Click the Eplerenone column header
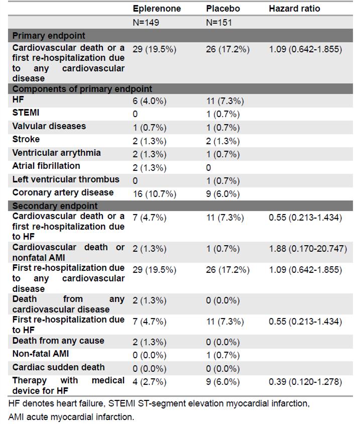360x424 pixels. [157, 9]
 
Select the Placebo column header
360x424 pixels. [223, 9]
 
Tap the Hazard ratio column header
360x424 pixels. [294, 9]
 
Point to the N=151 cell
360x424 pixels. [219, 23]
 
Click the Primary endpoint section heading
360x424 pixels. [48, 36]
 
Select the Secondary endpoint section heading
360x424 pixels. [55, 206]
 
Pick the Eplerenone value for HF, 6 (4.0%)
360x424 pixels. [149, 101]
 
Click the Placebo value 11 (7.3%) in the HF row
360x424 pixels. [225, 101]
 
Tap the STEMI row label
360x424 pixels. [26, 113]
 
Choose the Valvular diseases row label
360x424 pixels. [49, 126]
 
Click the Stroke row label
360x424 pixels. [26, 139]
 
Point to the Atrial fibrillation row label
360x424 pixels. [46, 166]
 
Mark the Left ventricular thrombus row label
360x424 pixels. [65, 179]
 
